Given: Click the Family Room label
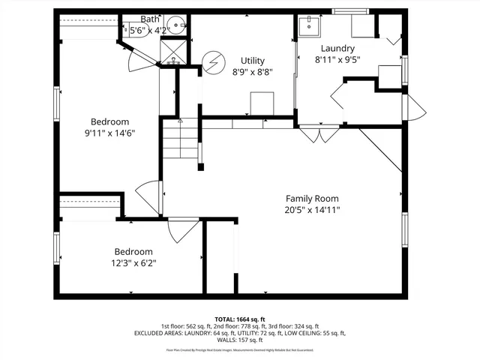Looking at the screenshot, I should click(311, 199).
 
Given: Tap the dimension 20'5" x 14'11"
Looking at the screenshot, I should click(311, 210).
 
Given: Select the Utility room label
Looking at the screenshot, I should click(252, 61).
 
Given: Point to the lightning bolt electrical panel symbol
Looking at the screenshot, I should click(213, 61).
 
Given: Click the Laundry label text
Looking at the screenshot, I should click(337, 49).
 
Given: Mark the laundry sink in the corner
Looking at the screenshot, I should click(308, 26).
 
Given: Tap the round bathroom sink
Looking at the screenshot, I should click(178, 25).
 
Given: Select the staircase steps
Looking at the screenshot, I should click(180, 141).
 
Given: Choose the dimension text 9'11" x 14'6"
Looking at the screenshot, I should click(110, 133).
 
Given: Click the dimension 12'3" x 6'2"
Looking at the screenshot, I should click(133, 263).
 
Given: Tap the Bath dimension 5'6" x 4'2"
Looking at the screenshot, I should click(149, 31).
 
